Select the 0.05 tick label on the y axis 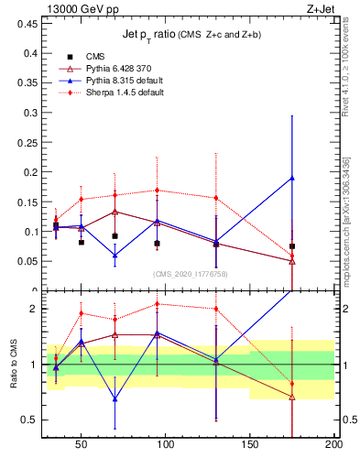[25, 261]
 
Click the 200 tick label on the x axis [333, 444]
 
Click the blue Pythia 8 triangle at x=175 [292, 178]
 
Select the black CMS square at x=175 [292, 246]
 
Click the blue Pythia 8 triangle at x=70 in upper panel [115, 256]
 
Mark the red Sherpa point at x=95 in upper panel [158, 191]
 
